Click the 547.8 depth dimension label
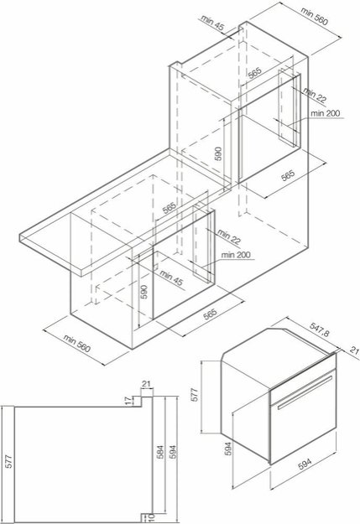click(320, 332)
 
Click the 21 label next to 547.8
click(354, 352)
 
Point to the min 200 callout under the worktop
click(237, 255)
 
